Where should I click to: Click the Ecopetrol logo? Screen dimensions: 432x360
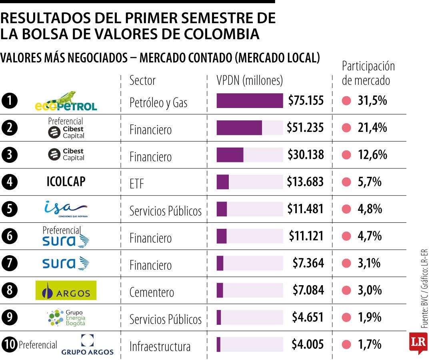pos(66,101)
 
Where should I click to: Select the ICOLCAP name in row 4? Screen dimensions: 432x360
pos(66,182)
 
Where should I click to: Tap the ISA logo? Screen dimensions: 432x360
pos(66,209)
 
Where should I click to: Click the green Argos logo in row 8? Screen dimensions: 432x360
pos(66,290)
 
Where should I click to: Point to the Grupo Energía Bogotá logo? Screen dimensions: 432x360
pos(66,317)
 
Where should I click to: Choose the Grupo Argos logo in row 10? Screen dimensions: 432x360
pos(87,344)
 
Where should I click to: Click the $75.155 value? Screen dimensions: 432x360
pos(306,100)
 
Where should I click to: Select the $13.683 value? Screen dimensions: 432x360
pos(305,182)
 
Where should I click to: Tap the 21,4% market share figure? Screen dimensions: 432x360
pos(372,128)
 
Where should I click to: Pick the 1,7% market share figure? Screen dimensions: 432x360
pos(370,344)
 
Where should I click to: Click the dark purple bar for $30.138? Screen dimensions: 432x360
pos(230,155)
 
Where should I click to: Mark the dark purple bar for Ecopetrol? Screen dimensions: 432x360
pos(250,100)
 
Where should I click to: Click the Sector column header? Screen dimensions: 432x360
pos(142,80)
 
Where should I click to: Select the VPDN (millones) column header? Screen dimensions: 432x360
pos(250,80)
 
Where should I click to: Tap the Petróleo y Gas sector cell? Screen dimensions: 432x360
pos(158,103)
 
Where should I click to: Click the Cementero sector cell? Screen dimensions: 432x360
pos(152,292)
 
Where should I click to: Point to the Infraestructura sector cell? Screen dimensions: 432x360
pos(160,346)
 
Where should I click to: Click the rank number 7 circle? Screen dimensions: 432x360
pos(9,263)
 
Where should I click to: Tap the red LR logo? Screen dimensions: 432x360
pos(418,343)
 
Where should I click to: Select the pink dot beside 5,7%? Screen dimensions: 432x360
pos(346,182)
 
